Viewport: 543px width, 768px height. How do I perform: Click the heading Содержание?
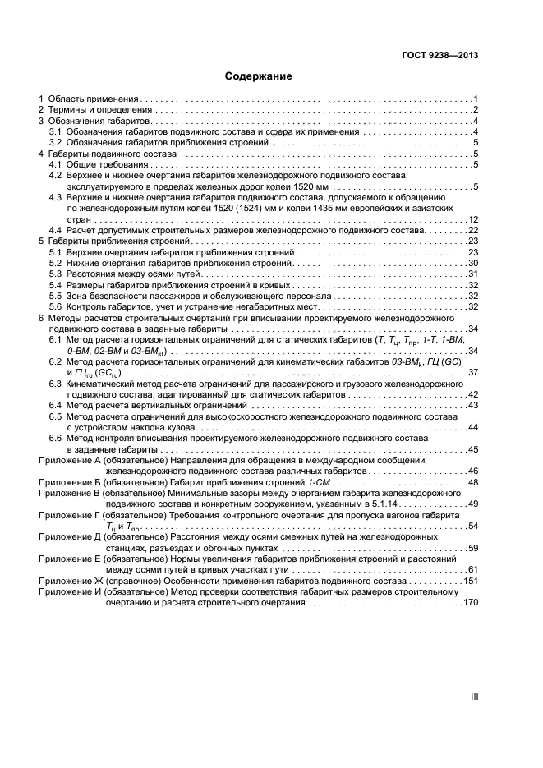click(x=259, y=76)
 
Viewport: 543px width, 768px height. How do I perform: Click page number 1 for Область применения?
click(x=476, y=99)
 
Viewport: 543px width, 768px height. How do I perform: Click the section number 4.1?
click(x=55, y=165)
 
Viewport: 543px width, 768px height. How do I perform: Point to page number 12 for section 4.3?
click(x=472, y=219)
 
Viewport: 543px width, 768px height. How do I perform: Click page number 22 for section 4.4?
click(x=472, y=231)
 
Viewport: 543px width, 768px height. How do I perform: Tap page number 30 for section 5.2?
click(x=472, y=263)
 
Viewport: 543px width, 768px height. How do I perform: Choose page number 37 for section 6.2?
click(x=472, y=372)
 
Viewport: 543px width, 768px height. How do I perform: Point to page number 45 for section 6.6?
click(x=472, y=449)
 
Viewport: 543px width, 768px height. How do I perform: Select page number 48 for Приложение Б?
click(x=472, y=482)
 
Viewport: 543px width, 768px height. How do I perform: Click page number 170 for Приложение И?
click(x=470, y=603)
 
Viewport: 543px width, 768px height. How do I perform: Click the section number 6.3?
click(x=55, y=384)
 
